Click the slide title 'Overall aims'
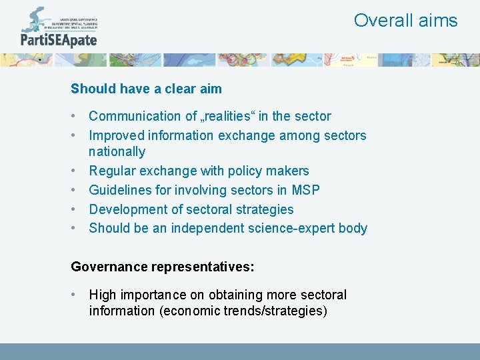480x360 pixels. tap(405, 21)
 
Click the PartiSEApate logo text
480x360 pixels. tap(59, 40)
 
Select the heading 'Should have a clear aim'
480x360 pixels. tap(146, 89)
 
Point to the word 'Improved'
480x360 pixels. tap(117, 136)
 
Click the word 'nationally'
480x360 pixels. tap(117, 152)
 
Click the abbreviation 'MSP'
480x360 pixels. tap(305, 191)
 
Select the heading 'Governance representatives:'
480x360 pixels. tap(163, 267)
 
